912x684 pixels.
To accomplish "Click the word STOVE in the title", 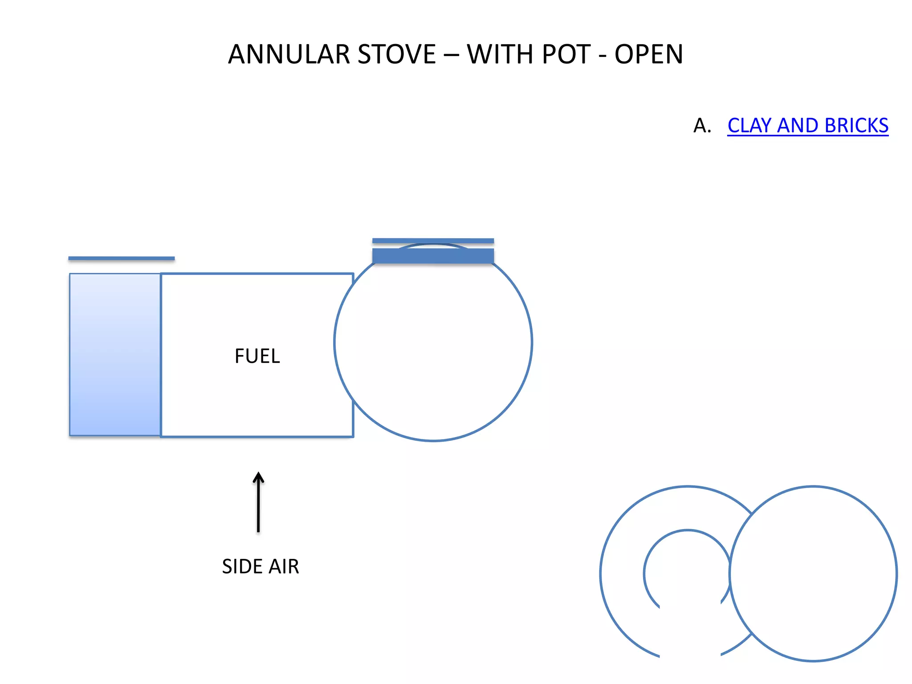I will point(397,54).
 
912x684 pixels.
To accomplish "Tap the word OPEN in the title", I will point(648,54).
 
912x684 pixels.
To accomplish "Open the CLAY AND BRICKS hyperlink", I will point(807,126).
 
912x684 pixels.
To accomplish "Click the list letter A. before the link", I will point(702,126).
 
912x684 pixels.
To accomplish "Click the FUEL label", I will point(257,356).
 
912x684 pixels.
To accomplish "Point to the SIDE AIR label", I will point(261,566).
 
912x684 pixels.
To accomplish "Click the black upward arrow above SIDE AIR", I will point(258,503).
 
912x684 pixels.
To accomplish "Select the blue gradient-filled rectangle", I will point(115,354).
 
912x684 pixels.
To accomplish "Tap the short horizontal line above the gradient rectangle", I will point(121,258).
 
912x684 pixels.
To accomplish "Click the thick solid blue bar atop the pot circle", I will point(433,256).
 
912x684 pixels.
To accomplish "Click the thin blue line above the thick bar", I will point(433,241).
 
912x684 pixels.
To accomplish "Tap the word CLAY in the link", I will point(749,126).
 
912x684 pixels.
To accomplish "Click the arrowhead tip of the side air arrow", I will point(258,474).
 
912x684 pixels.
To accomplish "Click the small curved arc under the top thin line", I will point(433,244).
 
